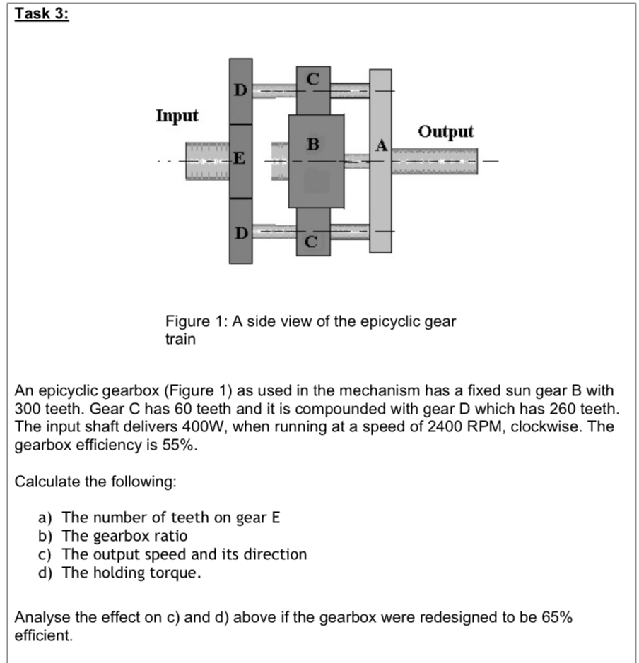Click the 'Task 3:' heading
[42, 15]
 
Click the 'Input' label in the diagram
[177, 115]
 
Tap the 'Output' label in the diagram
[445, 132]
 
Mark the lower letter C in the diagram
[313, 244]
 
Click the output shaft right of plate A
[434, 160]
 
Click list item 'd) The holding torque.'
[119, 573]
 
